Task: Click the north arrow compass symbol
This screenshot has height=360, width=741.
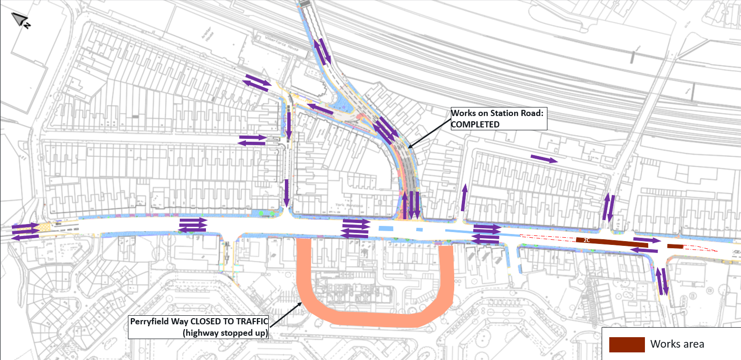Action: [20, 19]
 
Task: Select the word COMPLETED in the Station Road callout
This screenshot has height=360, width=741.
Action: [476, 124]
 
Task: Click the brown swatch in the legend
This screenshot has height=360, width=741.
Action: [627, 344]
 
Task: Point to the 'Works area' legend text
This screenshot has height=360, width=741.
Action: [677, 344]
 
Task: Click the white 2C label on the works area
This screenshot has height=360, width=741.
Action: [586, 240]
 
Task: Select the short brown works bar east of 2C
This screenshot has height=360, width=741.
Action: [675, 246]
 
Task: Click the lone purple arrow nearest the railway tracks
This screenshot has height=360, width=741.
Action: [544, 159]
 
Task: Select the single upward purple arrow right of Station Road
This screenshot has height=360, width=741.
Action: [464, 197]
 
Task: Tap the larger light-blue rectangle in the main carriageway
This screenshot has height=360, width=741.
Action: [386, 229]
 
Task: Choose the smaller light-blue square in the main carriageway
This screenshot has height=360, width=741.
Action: [419, 230]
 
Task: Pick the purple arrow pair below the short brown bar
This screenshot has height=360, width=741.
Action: [663, 281]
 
